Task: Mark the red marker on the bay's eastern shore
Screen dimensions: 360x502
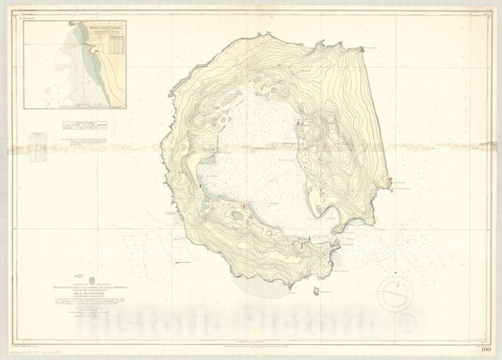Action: (x=300, y=122)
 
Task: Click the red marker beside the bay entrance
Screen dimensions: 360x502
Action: (x=310, y=241)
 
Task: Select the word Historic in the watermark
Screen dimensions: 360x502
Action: (x=146, y=325)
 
